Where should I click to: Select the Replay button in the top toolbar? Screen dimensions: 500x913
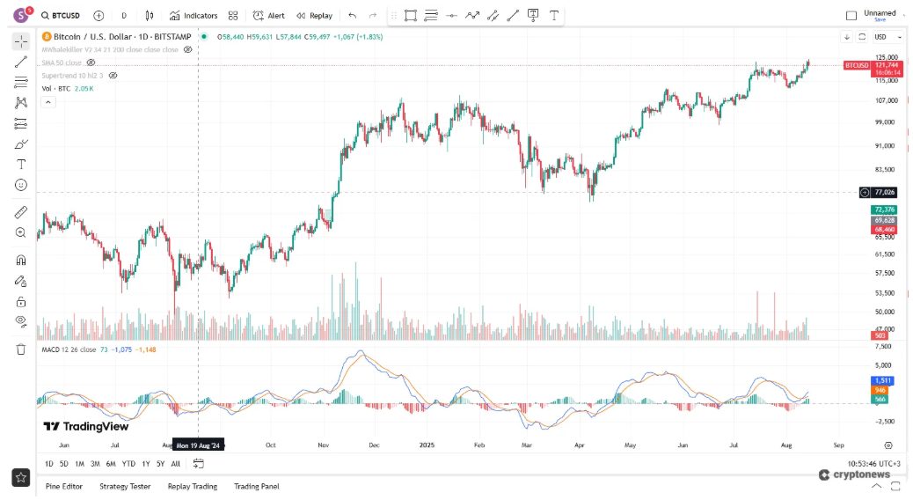(x=314, y=15)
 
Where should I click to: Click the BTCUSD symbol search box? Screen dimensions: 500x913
(x=62, y=15)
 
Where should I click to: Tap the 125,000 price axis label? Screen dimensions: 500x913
(x=886, y=57)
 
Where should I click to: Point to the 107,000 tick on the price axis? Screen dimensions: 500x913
(x=886, y=99)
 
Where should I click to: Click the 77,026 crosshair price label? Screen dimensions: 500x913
(x=884, y=192)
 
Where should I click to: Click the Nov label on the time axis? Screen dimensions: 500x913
(x=323, y=445)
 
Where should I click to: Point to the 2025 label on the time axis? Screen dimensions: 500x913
(x=427, y=445)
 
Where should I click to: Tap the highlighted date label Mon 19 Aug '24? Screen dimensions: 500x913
(x=200, y=445)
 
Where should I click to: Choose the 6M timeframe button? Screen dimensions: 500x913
(x=111, y=463)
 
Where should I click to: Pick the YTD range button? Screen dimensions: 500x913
(x=128, y=463)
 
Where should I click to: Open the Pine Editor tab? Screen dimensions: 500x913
(x=63, y=486)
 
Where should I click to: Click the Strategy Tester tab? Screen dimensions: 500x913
(x=125, y=486)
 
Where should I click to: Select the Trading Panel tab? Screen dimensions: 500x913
(x=256, y=486)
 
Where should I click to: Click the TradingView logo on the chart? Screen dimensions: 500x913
(x=86, y=427)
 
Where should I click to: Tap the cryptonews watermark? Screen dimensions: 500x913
(x=854, y=474)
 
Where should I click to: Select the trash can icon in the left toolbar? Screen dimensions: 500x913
(x=21, y=349)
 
